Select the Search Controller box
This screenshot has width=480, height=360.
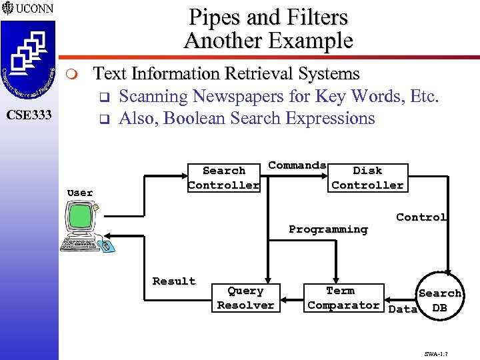click(x=223, y=178)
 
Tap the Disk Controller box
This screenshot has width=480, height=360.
click(x=367, y=178)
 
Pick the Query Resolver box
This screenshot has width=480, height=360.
click(x=245, y=298)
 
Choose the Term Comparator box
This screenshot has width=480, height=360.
click(x=343, y=298)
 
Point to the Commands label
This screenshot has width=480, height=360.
click(x=297, y=165)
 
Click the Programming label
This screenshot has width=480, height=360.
click(x=328, y=229)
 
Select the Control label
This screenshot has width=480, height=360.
click(x=421, y=217)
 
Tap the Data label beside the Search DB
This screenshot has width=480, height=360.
click(x=402, y=309)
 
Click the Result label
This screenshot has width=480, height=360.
click(x=173, y=281)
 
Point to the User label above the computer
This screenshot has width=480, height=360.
click(x=80, y=193)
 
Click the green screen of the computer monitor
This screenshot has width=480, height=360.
click(x=80, y=215)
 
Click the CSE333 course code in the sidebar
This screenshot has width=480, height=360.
click(x=29, y=115)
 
